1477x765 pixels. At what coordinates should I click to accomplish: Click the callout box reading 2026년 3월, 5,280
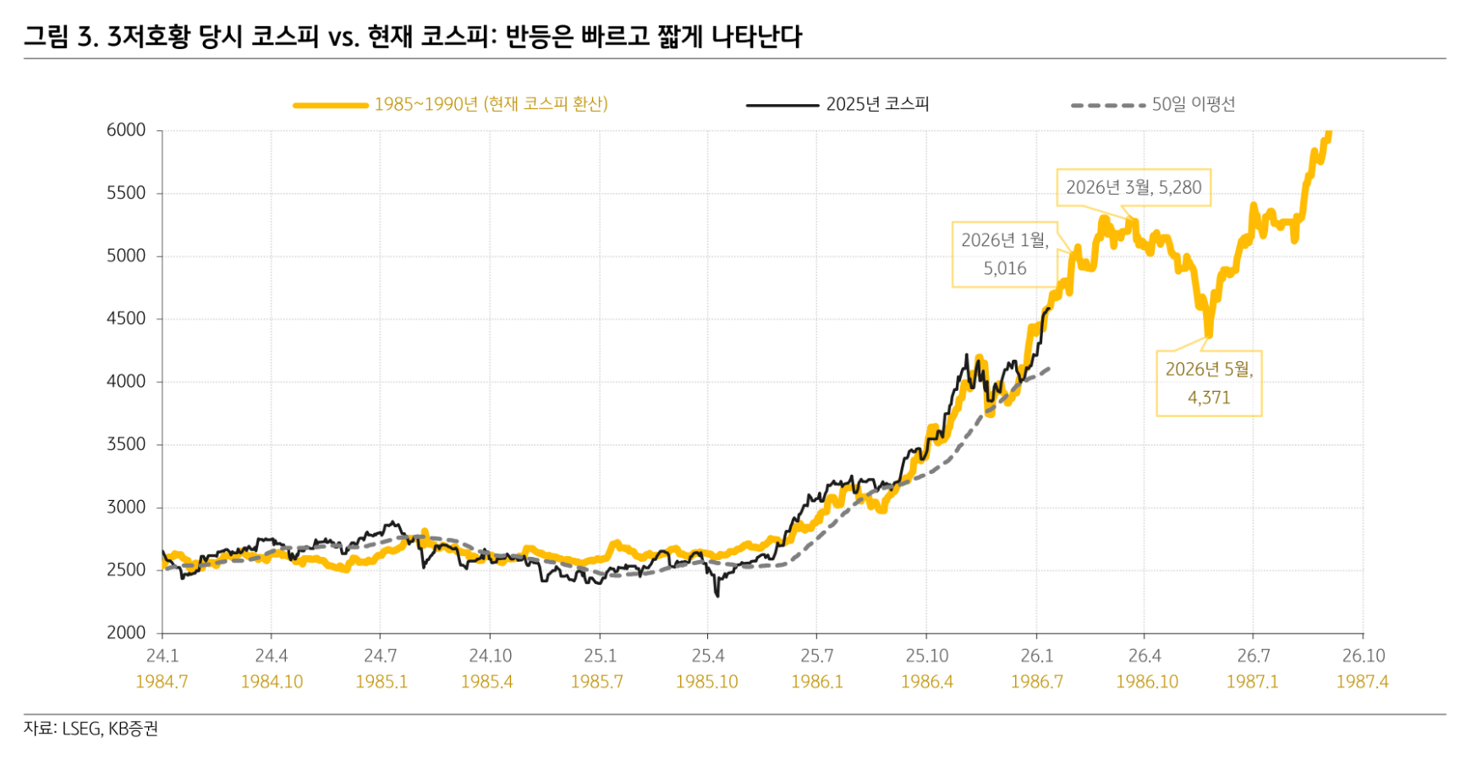(1133, 188)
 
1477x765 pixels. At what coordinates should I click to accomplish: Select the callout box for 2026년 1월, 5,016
(1004, 255)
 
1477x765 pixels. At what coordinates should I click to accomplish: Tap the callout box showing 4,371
(1209, 383)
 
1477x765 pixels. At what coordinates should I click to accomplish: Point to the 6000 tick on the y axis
(126, 130)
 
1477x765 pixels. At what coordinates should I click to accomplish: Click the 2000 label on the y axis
(126, 633)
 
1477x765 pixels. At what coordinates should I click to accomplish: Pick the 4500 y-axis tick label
(126, 319)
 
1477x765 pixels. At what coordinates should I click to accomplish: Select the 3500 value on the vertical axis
(126, 444)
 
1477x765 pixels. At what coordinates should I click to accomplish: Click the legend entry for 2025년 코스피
(877, 104)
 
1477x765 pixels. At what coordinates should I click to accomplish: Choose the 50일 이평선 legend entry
(1193, 104)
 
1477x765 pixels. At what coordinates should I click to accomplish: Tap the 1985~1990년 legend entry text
(491, 104)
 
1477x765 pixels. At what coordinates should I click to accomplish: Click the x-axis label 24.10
(490, 656)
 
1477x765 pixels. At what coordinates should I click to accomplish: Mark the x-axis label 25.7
(816, 656)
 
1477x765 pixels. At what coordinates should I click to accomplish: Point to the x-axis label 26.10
(1363, 656)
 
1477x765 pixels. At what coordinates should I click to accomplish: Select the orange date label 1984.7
(162, 682)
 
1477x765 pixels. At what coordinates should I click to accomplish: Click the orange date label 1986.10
(1146, 682)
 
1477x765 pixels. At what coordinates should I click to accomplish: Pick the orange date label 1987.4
(1362, 682)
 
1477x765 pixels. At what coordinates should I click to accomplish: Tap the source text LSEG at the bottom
(82, 729)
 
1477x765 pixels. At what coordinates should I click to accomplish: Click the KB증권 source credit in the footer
(133, 729)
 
